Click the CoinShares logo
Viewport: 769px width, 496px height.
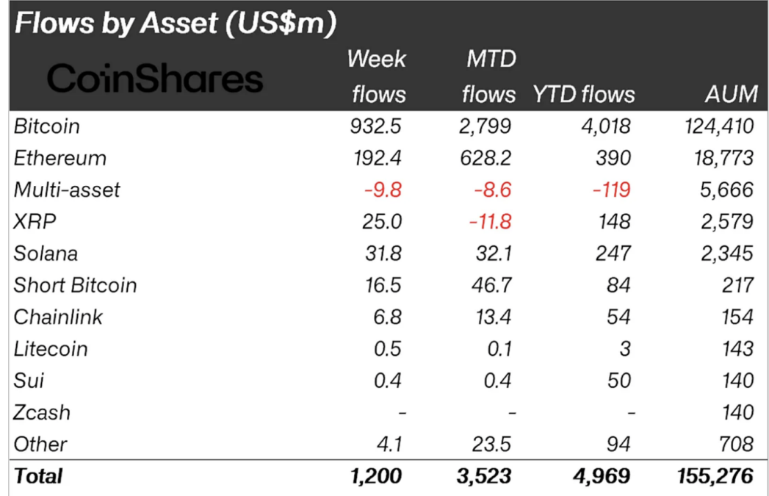point(154,79)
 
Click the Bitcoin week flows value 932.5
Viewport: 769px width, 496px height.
point(375,126)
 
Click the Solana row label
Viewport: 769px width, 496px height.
point(46,254)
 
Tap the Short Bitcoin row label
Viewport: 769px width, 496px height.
point(75,285)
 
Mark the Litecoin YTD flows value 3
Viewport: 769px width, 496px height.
point(624,349)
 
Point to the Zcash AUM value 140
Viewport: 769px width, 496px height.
point(737,412)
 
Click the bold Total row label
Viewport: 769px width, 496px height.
point(38,476)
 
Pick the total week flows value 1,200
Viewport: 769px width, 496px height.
point(376,476)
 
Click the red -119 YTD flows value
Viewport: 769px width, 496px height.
point(610,190)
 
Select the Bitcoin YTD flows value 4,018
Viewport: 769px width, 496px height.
point(604,126)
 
